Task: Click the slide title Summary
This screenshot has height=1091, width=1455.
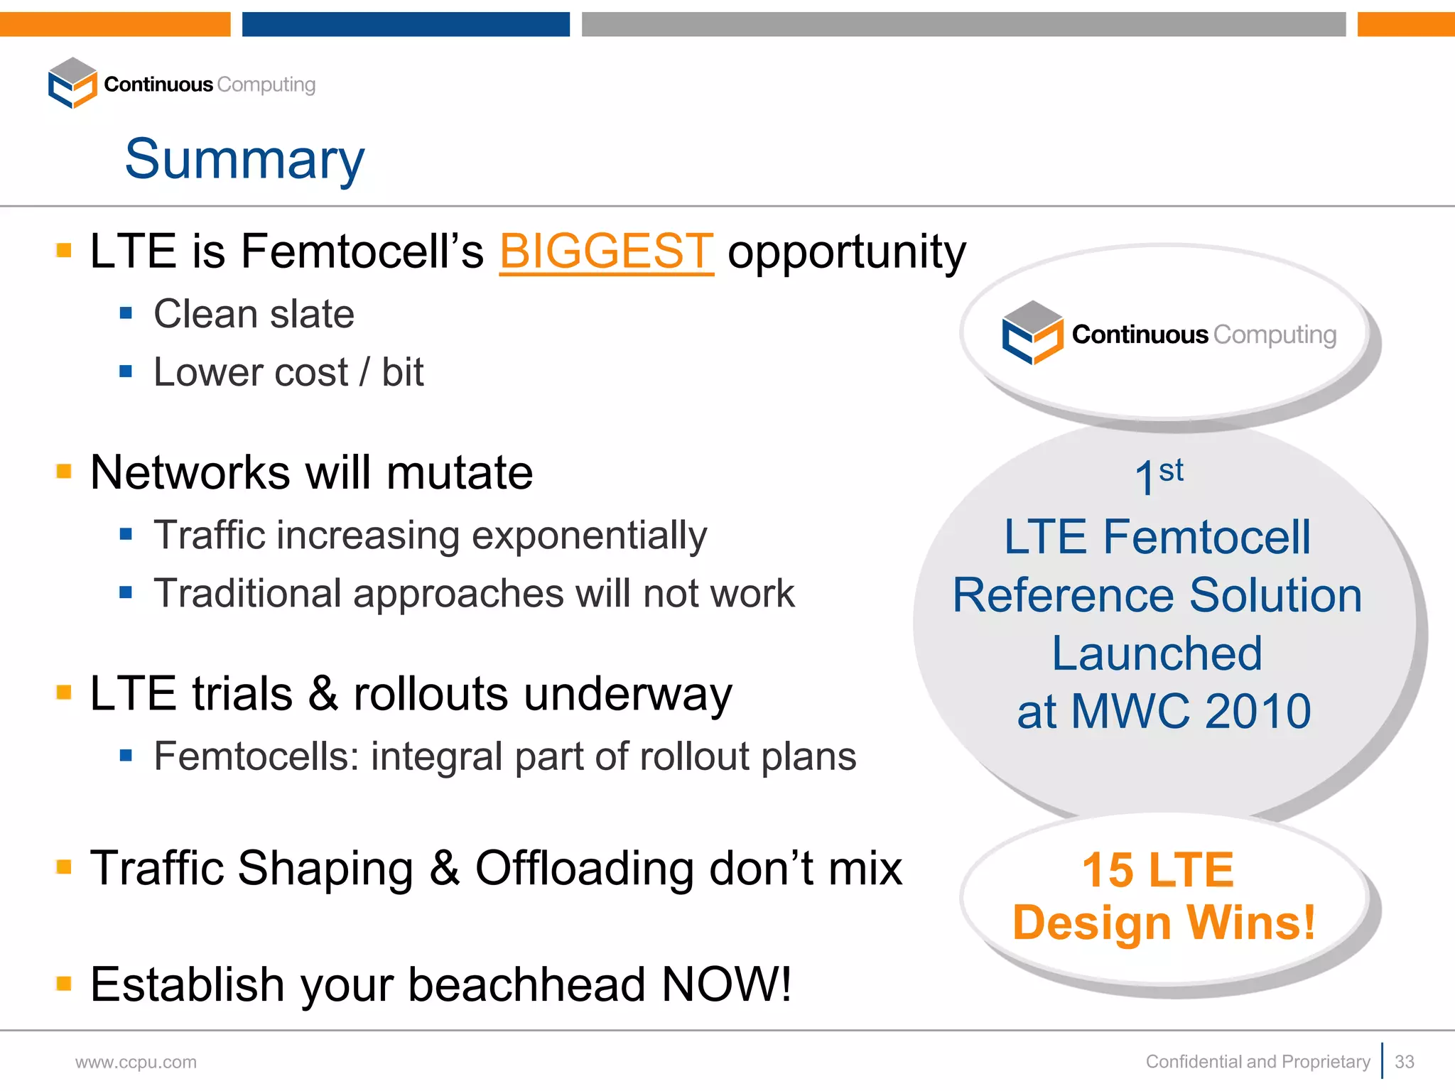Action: pyautogui.click(x=244, y=160)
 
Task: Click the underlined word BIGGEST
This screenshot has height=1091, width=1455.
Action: pyautogui.click(x=606, y=251)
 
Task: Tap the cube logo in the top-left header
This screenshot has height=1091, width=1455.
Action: pyautogui.click(x=72, y=83)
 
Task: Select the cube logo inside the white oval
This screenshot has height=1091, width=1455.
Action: pyautogui.click(x=1032, y=332)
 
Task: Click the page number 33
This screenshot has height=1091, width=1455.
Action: pyautogui.click(x=1404, y=1061)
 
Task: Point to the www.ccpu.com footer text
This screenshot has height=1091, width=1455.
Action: pyautogui.click(x=136, y=1062)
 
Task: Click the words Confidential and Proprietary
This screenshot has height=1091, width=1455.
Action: pyautogui.click(x=1257, y=1061)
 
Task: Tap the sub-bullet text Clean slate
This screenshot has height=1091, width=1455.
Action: pyautogui.click(x=254, y=314)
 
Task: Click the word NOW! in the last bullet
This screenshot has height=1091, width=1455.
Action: pyautogui.click(x=726, y=984)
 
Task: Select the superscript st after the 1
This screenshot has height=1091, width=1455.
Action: pyautogui.click(x=1171, y=470)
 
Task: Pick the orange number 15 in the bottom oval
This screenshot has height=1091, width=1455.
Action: pyautogui.click(x=1108, y=870)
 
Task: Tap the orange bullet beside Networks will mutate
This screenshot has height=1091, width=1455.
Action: pyautogui.click(x=64, y=472)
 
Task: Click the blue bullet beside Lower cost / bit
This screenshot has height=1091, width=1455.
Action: pyautogui.click(x=126, y=371)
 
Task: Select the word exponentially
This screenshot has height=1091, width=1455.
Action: pyautogui.click(x=589, y=536)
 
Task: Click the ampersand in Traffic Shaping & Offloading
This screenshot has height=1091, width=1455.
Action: pyautogui.click(x=444, y=868)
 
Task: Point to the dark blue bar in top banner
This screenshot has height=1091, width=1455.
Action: pyautogui.click(x=406, y=23)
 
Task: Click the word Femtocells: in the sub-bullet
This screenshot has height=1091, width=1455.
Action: pyautogui.click(x=256, y=756)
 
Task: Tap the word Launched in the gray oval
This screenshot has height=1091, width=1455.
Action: pyautogui.click(x=1157, y=653)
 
